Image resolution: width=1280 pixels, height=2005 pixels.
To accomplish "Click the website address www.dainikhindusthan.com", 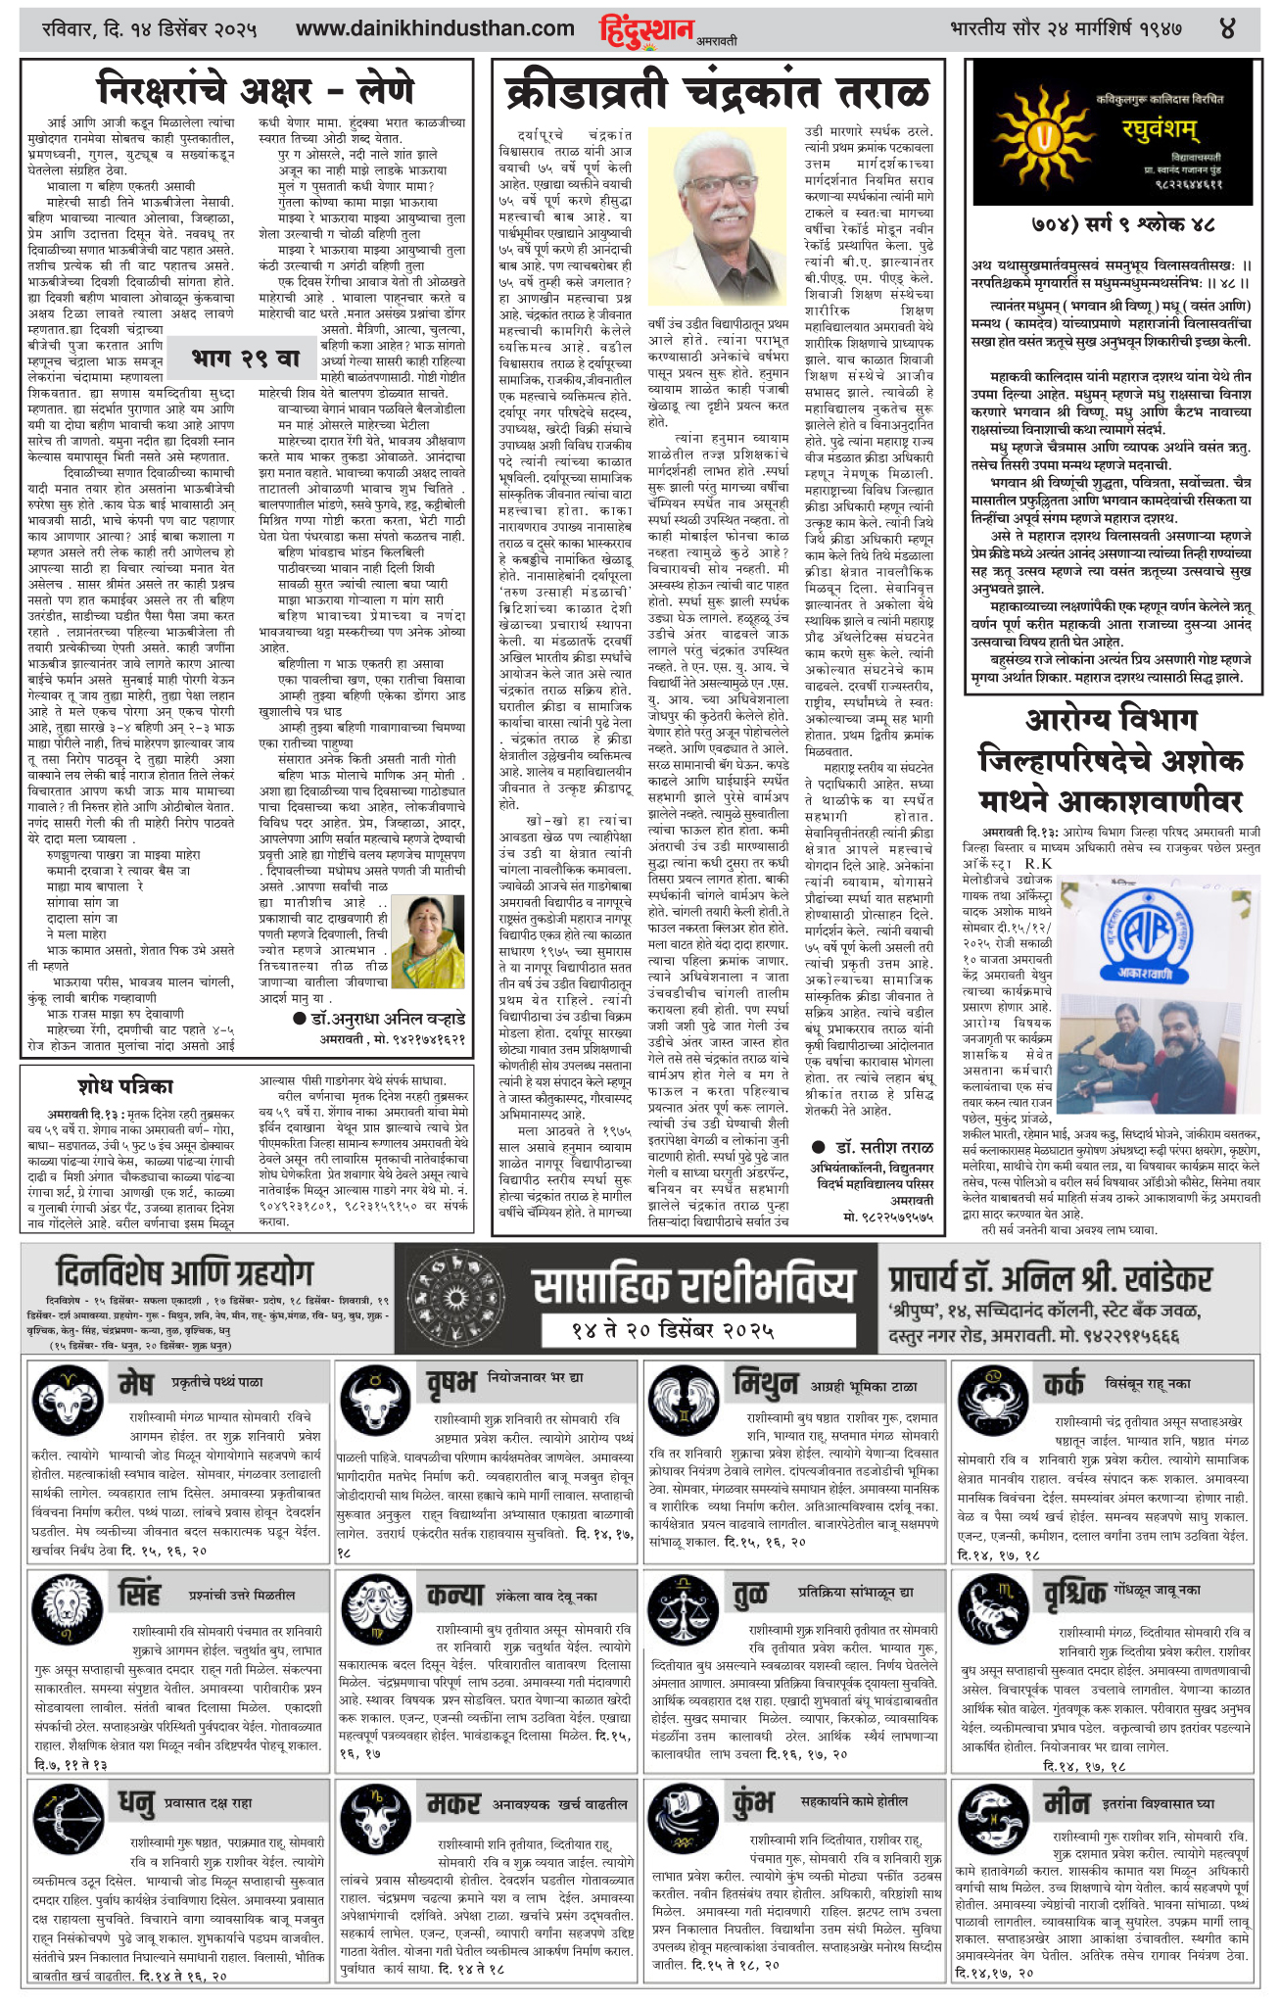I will (x=435, y=29).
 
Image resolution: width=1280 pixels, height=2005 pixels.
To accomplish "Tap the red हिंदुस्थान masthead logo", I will (x=647, y=29).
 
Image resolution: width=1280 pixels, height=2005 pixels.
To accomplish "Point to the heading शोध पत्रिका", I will (x=125, y=1085).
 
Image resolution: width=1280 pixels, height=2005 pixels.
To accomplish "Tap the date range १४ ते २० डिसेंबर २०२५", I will (x=673, y=1330).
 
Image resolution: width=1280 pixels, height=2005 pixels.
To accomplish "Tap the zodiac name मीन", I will (x=1066, y=1803).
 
